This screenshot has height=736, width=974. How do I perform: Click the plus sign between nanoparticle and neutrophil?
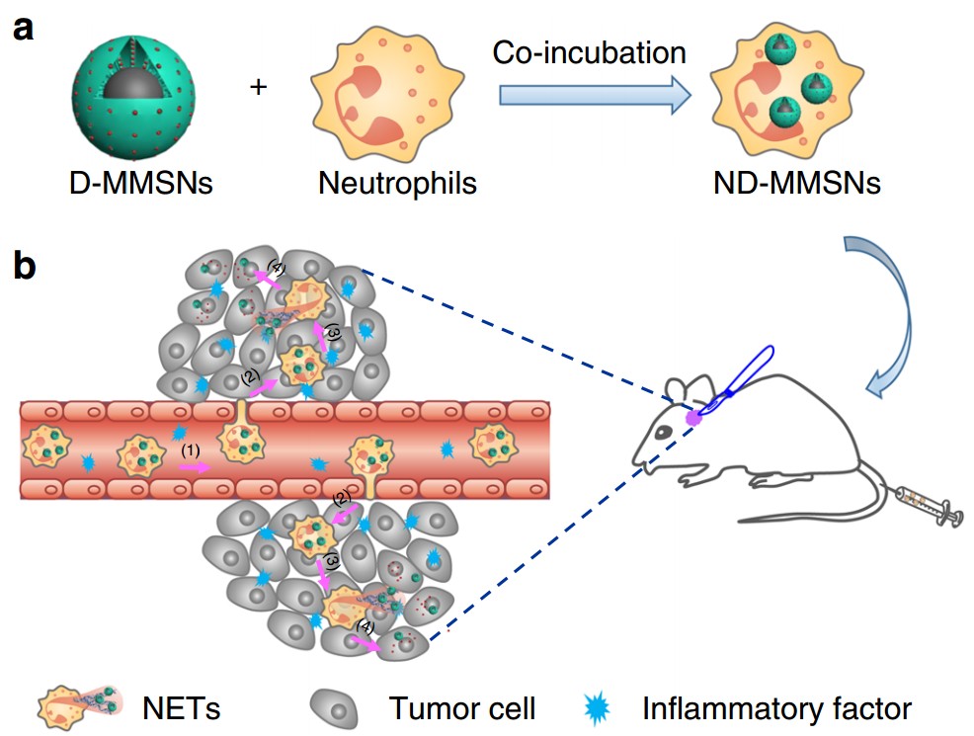coord(258,89)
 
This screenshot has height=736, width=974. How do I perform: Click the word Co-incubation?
coord(590,52)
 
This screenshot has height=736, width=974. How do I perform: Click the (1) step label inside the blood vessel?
coord(191,450)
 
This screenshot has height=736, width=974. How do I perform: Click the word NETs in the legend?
coord(180,707)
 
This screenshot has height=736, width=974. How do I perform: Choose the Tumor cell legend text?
coord(461,707)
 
